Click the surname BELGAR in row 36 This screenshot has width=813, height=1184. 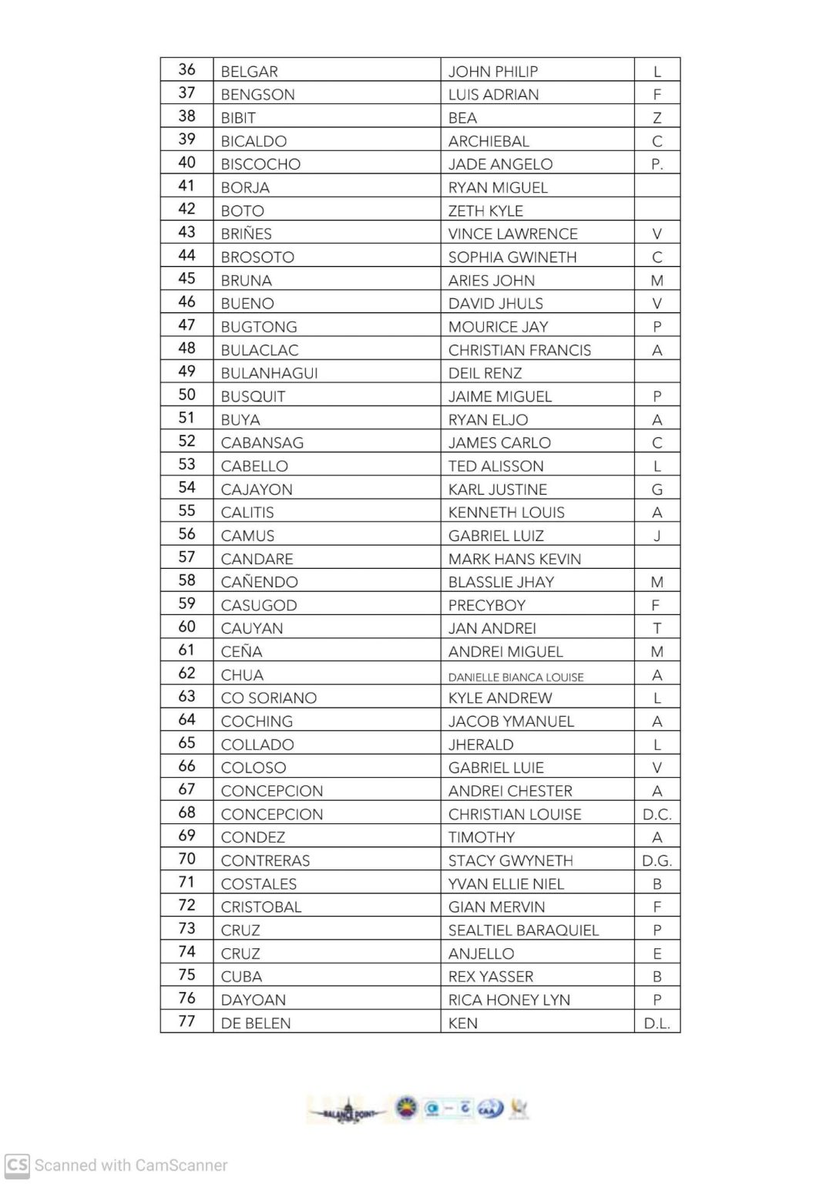249,72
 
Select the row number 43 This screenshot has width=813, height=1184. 186,232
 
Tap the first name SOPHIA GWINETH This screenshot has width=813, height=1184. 512,257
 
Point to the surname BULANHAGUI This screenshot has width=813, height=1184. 269,373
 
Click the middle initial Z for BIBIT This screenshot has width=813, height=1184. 657,118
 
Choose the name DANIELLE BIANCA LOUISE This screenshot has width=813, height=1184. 516,677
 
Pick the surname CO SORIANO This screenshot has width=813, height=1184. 268,698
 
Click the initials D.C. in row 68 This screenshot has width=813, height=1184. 657,814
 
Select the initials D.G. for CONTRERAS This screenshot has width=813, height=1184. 657,860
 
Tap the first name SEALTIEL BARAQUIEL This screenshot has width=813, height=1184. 523,930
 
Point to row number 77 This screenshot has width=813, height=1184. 186,1021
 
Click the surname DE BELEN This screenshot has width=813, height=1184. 255,1024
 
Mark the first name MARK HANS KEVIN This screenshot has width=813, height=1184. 514,559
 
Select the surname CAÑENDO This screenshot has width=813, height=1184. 259,582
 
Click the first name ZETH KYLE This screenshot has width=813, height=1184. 485,211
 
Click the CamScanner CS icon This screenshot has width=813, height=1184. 17,1165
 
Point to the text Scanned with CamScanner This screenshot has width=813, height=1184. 131,1165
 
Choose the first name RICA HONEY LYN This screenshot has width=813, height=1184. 509,1000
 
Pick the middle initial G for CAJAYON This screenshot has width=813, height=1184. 657,489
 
